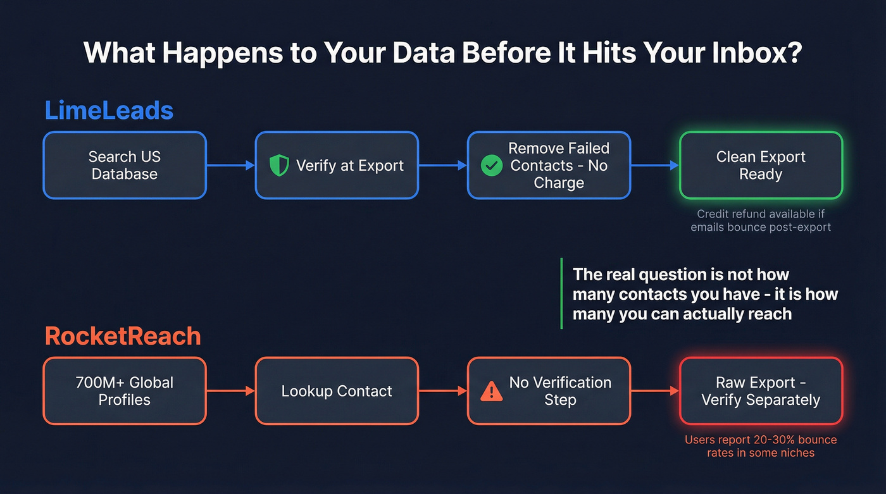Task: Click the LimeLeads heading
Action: pos(109,111)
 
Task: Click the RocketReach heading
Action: pos(123,336)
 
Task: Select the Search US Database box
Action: pos(125,165)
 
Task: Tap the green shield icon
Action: pos(278,166)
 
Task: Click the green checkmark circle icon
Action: pos(492,166)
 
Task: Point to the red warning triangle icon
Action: pos(491,392)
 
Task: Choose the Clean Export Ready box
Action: pos(761,165)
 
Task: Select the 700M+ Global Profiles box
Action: pos(125,391)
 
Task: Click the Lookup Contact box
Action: pos(337,391)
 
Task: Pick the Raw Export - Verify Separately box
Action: pos(761,391)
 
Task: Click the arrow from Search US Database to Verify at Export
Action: pos(230,166)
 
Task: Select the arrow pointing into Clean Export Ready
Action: pos(655,166)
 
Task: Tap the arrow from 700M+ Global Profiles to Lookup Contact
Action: pos(230,391)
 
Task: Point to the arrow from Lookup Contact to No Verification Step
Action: pos(443,391)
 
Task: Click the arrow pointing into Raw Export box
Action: pos(655,391)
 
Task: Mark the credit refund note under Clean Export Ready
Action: pos(761,220)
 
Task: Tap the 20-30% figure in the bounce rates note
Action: pos(777,440)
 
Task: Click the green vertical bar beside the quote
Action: pos(561,293)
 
